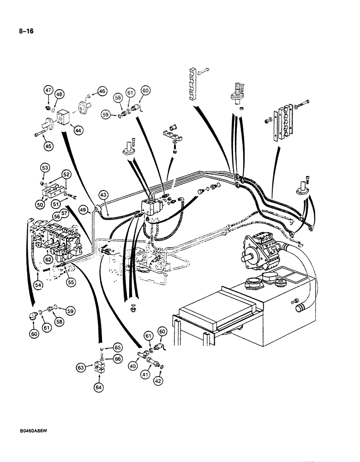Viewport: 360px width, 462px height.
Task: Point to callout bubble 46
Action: [102, 91]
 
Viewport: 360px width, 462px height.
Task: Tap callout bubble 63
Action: [81, 367]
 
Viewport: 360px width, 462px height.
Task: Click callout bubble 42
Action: [159, 382]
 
